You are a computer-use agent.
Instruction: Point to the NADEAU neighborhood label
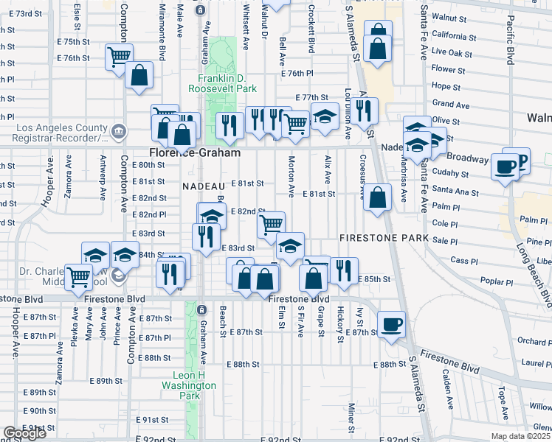199,186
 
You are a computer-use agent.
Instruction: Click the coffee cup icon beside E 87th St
390,324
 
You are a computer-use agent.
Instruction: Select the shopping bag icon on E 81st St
377,197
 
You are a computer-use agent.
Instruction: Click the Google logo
24,434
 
